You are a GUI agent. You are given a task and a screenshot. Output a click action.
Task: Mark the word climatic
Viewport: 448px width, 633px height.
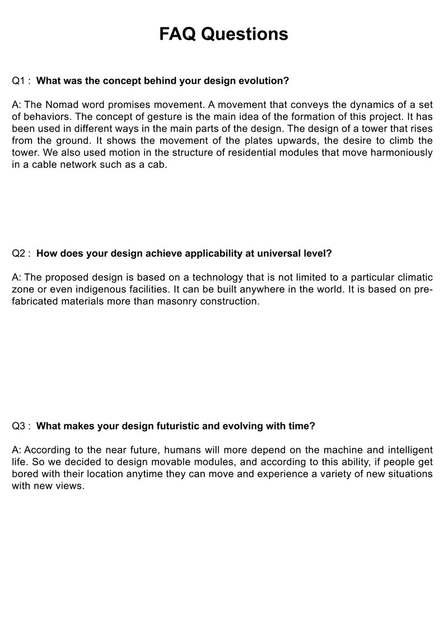[414, 277]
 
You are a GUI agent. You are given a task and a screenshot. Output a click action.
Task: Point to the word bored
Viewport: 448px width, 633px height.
[25, 474]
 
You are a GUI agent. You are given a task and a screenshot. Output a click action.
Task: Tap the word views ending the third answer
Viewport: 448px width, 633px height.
[72, 486]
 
